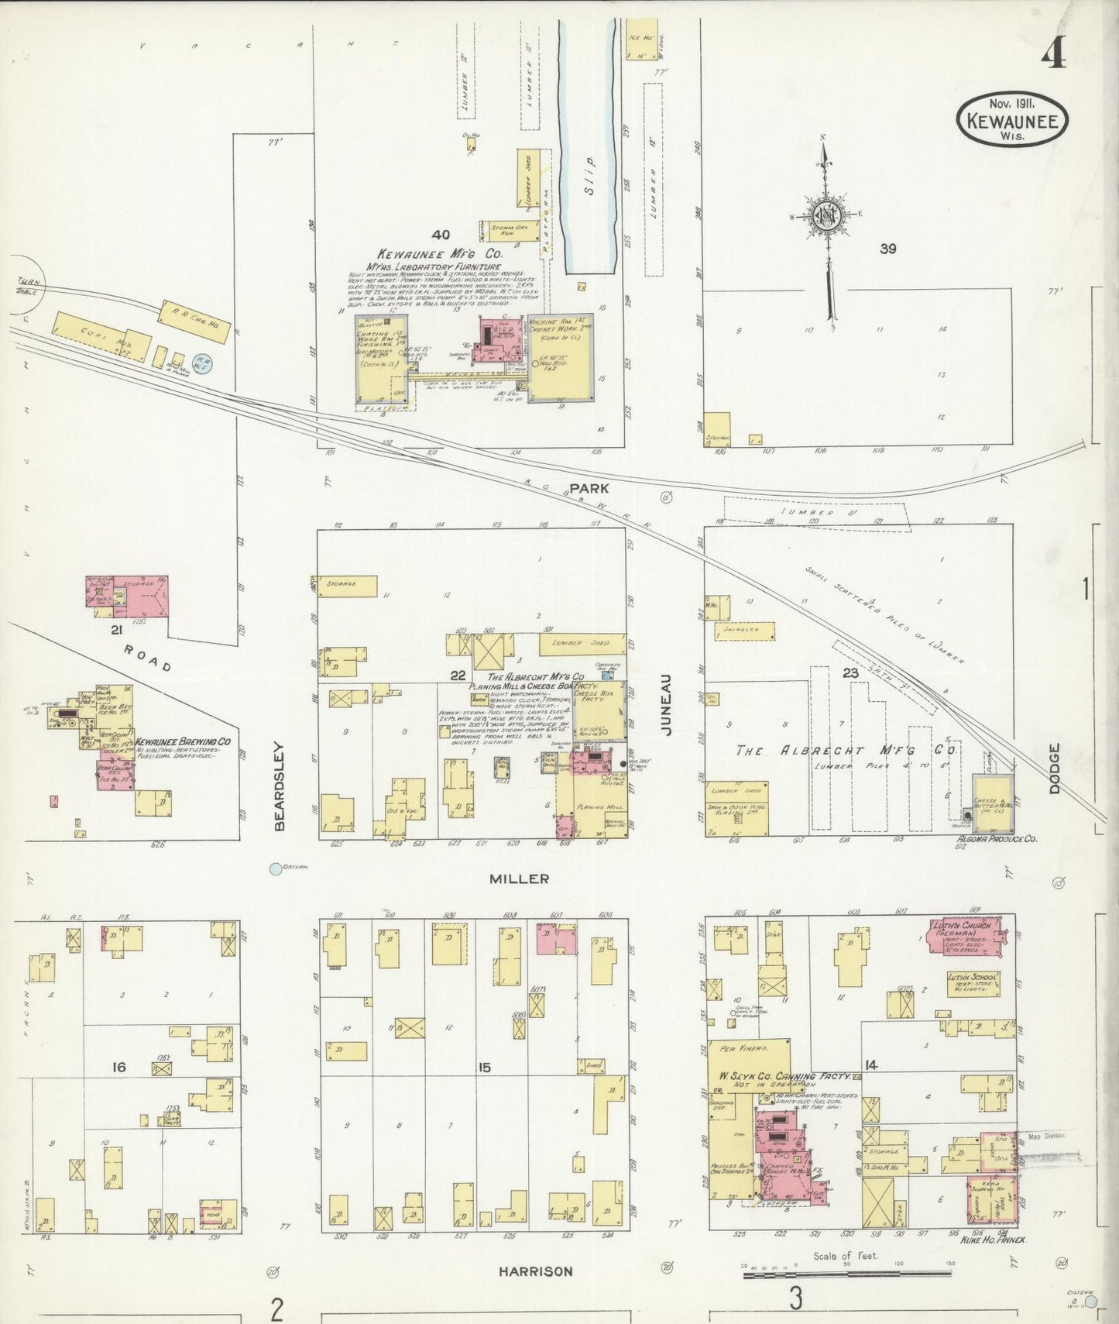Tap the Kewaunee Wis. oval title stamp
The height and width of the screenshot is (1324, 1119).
[x=1013, y=119]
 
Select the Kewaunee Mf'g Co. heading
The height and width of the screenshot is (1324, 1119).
[x=439, y=253]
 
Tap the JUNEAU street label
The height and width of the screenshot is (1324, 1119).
[x=667, y=703]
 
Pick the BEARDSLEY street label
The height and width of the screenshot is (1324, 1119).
[x=280, y=787]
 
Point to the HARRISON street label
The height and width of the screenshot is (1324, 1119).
[x=535, y=1271]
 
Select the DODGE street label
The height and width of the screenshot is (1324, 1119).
[x=1054, y=768]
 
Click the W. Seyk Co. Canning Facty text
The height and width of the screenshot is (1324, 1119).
[x=782, y=1077]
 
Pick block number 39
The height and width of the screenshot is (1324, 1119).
[x=887, y=249]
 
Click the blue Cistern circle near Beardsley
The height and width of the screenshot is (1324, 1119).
[x=275, y=868]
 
